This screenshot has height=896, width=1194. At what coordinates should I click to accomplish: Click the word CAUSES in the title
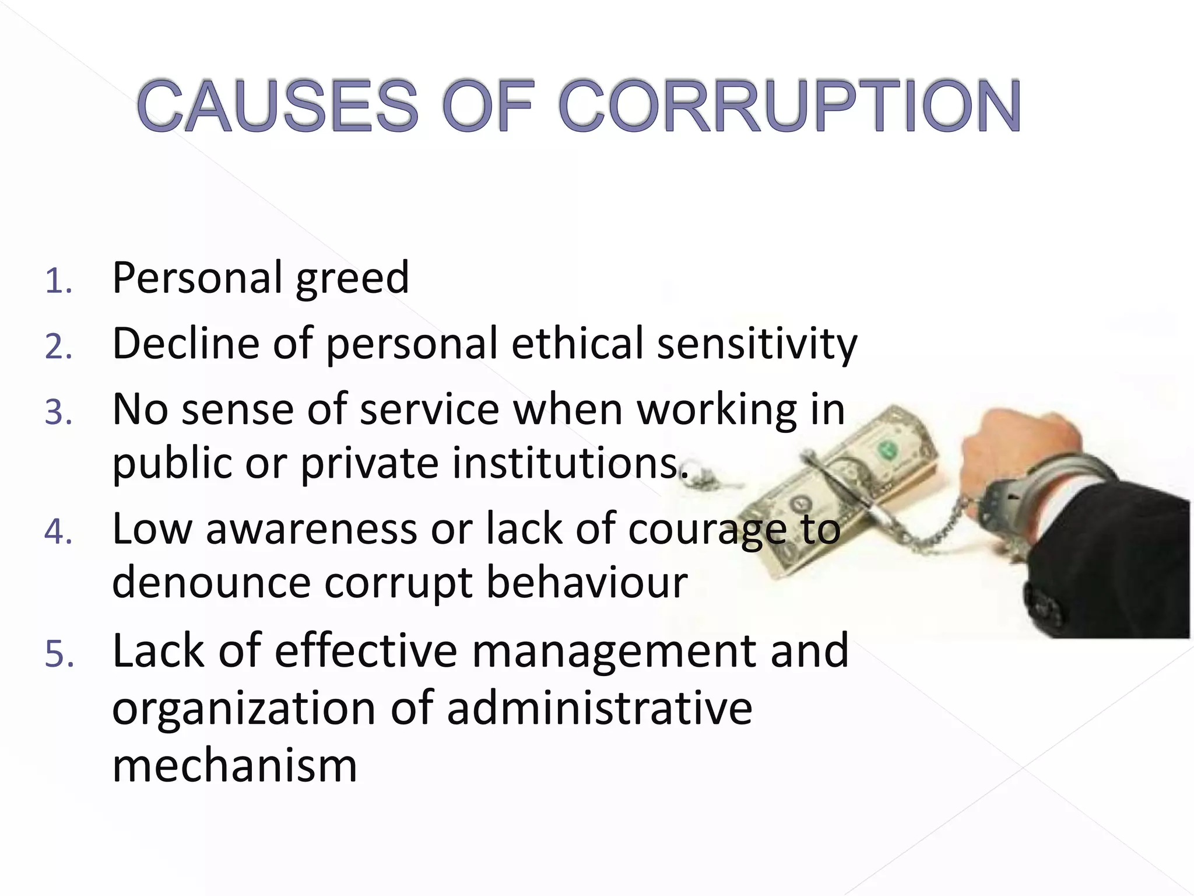pyautogui.click(x=278, y=106)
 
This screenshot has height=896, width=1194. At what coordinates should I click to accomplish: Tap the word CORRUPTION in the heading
pyautogui.click(x=789, y=106)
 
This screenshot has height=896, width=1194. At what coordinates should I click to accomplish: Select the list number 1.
pyautogui.click(x=58, y=281)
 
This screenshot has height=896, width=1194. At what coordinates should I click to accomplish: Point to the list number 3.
pyautogui.click(x=58, y=412)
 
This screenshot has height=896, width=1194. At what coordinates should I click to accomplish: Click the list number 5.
pyautogui.click(x=59, y=653)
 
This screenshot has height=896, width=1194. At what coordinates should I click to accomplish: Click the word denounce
pyautogui.click(x=211, y=583)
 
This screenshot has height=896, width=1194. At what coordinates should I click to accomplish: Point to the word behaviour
pyautogui.click(x=587, y=583)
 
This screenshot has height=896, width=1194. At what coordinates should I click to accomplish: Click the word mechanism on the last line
pyautogui.click(x=234, y=765)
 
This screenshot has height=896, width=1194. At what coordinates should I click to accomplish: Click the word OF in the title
pyautogui.click(x=487, y=106)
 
